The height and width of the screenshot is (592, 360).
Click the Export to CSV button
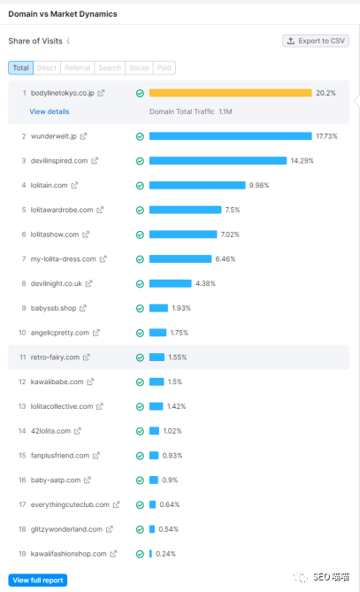pos(316,41)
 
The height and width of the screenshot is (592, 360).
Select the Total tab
pos(20,68)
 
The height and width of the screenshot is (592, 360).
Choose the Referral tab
pos(77,68)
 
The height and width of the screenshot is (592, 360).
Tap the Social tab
pos(139,68)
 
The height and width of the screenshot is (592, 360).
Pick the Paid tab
pos(165,68)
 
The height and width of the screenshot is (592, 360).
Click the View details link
pos(50,111)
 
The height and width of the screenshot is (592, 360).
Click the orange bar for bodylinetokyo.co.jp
pos(231,93)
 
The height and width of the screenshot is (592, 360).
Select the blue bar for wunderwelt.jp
pos(231,136)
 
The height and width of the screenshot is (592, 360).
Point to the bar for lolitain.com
pos(197,185)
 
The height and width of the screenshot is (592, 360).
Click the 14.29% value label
pos(302,161)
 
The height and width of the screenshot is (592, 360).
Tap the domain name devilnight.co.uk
pos(57,283)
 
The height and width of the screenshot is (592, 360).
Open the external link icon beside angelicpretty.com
pos(96,333)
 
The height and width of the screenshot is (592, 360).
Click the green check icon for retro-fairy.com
pos(140,358)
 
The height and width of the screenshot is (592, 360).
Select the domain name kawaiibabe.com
pos(57,381)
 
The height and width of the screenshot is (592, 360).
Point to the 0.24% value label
pos(165,554)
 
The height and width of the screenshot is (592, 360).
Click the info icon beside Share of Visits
pos(68,41)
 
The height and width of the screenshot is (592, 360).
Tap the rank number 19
pos(22,554)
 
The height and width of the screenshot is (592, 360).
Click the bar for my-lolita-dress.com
pos(180,259)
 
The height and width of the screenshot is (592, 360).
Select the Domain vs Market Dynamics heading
pos(63,14)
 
